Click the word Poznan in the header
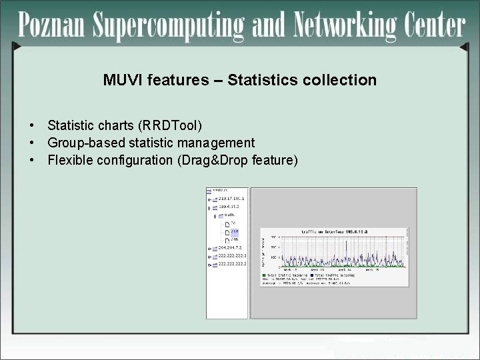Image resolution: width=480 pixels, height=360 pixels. coord(51,26)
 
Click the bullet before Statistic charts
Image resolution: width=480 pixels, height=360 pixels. coord(31,125)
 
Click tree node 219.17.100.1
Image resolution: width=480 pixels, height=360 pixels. coord(231,198)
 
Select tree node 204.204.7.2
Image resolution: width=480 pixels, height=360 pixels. coord(229,248)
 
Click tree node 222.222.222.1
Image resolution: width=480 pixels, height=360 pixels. coord(232,256)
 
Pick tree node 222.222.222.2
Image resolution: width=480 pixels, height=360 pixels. coord(232,264)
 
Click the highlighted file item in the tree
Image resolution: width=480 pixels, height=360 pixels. coord(234,231)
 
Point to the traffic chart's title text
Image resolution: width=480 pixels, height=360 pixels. coord(334,231)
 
